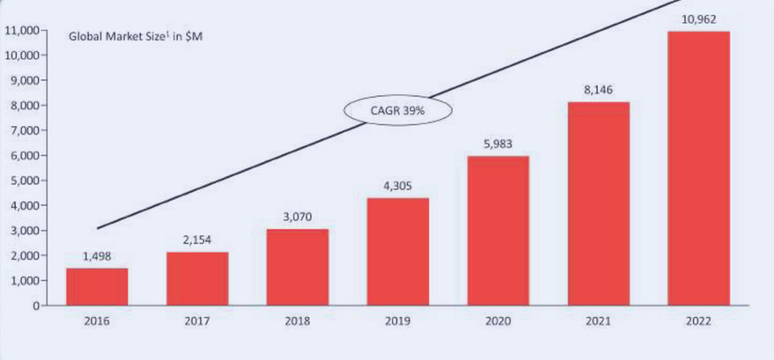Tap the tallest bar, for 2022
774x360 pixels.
698,168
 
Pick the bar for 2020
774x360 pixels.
498,231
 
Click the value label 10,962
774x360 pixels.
699,18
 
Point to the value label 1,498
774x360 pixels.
97,256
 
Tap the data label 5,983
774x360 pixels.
498,143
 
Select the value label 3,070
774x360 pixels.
297,217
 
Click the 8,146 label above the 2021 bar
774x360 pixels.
599,90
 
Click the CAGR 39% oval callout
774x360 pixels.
397,111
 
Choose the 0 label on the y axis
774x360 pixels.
38,305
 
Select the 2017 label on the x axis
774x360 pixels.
197,322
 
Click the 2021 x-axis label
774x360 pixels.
599,322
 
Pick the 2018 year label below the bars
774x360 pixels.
298,322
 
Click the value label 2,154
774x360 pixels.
197,239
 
